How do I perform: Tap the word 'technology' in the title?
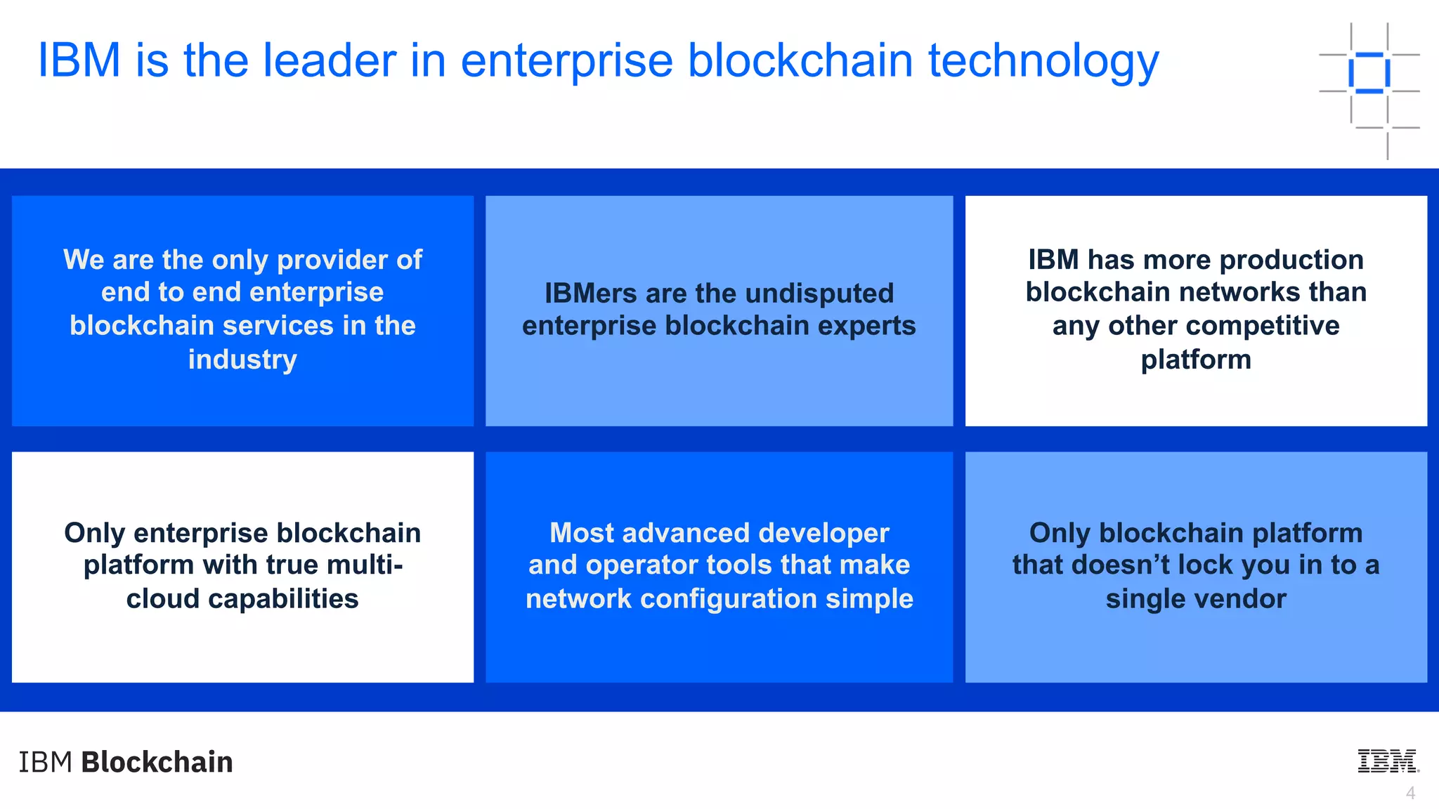tap(1043, 62)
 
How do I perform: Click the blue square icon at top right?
tap(1369, 72)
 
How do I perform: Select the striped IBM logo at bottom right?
tap(1388, 761)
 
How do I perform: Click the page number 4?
tap(1410, 793)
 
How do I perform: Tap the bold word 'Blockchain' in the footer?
tap(157, 762)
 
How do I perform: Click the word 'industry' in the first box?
tap(242, 360)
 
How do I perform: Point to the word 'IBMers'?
tap(590, 294)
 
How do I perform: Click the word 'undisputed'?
tap(819, 294)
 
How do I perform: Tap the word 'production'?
tap(1291, 260)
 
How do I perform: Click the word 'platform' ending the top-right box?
tap(1196, 360)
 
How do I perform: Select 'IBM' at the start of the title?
tap(79, 60)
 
